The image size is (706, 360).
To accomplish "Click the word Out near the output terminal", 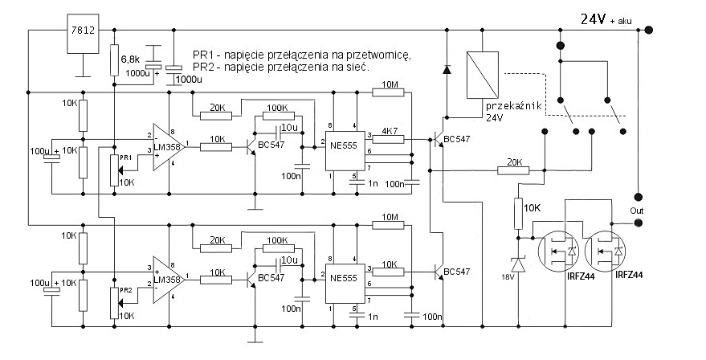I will (x=637, y=211).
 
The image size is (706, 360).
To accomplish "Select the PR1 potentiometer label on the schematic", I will (x=125, y=157).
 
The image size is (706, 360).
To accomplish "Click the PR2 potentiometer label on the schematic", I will (x=125, y=290).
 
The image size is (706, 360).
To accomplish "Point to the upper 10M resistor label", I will (x=390, y=84).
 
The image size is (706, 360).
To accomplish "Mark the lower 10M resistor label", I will (x=390, y=217).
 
